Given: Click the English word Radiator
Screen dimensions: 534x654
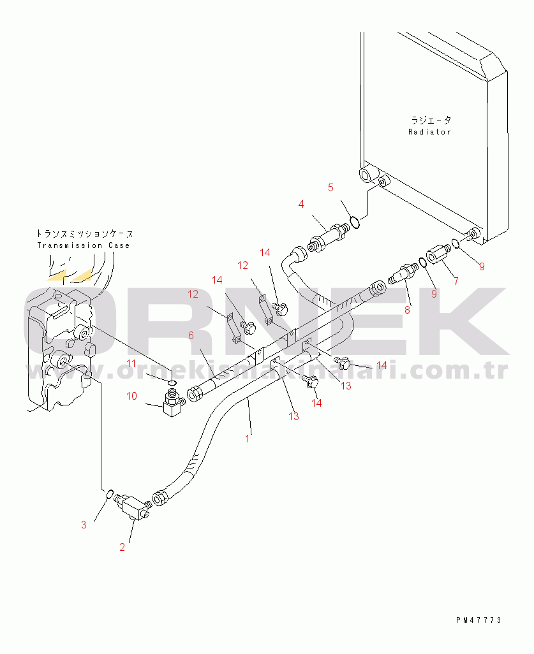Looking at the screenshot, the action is (x=429, y=132).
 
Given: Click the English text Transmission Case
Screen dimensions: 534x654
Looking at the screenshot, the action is (x=84, y=245).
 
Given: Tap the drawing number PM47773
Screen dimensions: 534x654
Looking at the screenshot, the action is (x=478, y=620).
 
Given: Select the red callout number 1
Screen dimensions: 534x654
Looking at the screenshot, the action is (x=247, y=439).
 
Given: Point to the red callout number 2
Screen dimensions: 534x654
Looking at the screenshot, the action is (x=122, y=547).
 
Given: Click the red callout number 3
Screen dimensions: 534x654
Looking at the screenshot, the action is (x=84, y=525).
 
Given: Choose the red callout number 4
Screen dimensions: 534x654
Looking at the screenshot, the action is (x=301, y=204).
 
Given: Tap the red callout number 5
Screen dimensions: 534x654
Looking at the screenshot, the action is (x=330, y=187).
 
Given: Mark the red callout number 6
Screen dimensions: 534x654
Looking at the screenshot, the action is (x=191, y=335).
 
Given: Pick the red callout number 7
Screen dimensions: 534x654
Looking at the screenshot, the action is (x=456, y=281).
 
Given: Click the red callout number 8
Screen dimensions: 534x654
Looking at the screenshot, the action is (x=407, y=310).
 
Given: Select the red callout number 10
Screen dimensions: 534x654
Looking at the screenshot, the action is (x=131, y=396).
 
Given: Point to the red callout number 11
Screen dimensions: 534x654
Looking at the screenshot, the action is (x=131, y=363).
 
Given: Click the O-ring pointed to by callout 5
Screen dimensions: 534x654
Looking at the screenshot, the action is (x=355, y=222).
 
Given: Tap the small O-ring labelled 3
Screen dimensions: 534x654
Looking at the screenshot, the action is (x=110, y=495).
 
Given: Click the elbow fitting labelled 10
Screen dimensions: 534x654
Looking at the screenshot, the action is (x=173, y=403).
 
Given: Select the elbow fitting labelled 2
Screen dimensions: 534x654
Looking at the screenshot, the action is (x=133, y=506).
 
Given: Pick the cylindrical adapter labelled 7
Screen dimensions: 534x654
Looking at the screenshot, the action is (x=438, y=254).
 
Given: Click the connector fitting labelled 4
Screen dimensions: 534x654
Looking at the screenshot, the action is (x=329, y=238).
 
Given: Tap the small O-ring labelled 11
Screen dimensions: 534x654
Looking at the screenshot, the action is (x=172, y=382).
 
